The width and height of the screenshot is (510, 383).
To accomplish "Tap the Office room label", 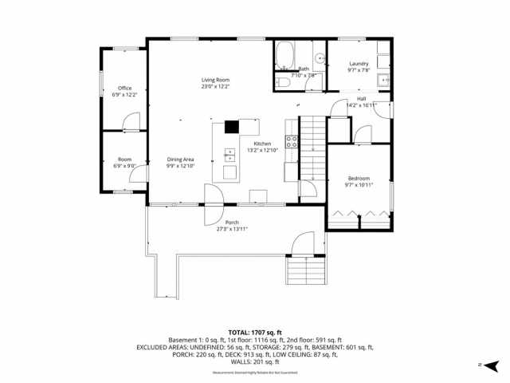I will (x=124, y=88).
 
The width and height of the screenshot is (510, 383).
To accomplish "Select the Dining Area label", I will (x=180, y=160).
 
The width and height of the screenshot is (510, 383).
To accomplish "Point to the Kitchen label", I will (x=262, y=144).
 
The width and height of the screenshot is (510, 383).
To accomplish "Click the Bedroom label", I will (x=359, y=178).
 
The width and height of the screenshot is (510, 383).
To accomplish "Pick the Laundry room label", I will (x=359, y=63).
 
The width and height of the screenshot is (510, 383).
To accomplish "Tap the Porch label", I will (x=232, y=222).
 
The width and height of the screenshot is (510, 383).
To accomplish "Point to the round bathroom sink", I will (x=319, y=57).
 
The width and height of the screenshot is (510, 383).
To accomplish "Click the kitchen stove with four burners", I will (x=292, y=143).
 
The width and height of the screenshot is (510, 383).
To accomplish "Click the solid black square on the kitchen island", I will (x=232, y=125).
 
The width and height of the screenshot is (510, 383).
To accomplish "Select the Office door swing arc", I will (x=132, y=121).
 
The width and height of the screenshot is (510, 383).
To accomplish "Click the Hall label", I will (x=361, y=98).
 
